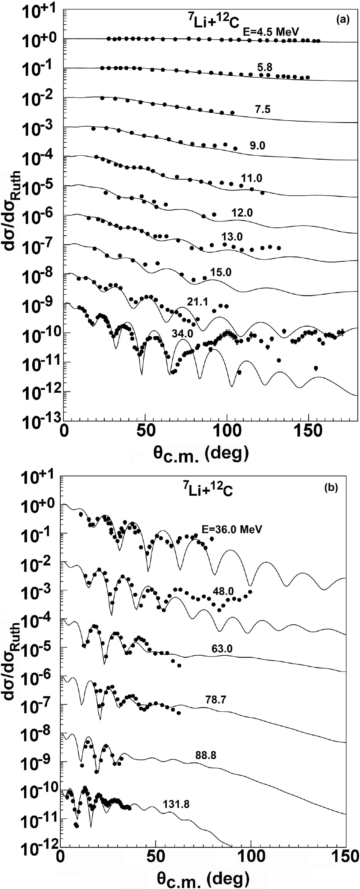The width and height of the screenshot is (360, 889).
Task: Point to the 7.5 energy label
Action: [x=263, y=110]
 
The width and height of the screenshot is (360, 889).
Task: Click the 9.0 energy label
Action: [x=257, y=146]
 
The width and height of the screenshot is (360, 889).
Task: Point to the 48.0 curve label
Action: [x=223, y=591]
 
